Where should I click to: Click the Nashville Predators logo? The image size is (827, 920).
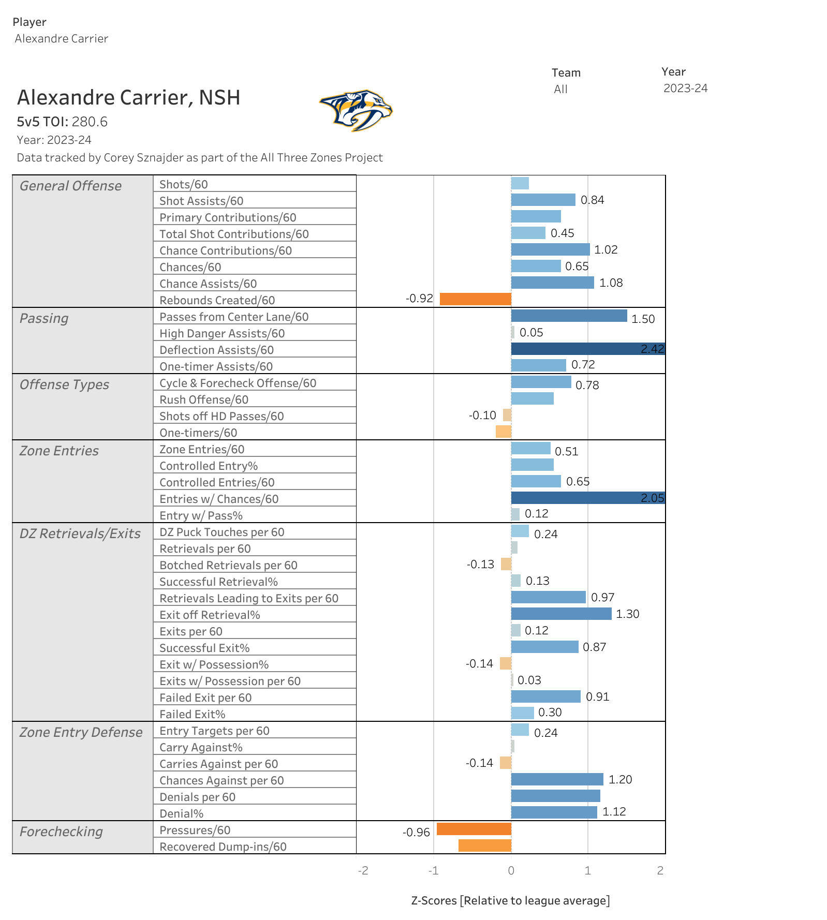[356, 110]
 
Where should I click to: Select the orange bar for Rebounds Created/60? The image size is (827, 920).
[475, 299]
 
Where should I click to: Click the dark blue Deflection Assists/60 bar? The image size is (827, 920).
[587, 349]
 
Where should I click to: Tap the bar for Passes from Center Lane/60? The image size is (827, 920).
[569, 316]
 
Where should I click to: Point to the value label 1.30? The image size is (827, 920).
[627, 614]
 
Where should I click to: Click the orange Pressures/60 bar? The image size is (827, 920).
[474, 829]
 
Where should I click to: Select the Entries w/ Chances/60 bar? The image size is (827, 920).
[587, 498]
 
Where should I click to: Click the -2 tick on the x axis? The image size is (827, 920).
[363, 870]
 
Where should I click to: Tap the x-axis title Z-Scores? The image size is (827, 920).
[510, 900]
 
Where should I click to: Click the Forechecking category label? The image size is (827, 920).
[61, 832]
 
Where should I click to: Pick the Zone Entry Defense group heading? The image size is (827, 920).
[81, 732]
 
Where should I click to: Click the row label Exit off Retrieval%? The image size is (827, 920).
[210, 615]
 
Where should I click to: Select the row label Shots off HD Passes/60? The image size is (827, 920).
[221, 416]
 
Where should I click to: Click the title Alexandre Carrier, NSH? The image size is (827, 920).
[129, 97]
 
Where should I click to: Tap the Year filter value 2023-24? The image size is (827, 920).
[685, 88]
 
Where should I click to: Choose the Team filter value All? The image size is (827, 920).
[560, 89]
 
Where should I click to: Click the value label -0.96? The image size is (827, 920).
[416, 832]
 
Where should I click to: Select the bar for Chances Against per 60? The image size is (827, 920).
[557, 779]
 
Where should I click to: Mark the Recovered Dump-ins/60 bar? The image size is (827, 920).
[484, 845]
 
